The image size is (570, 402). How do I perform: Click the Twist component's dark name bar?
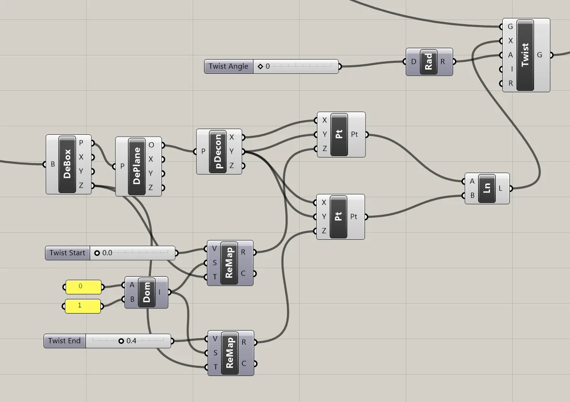click(525, 55)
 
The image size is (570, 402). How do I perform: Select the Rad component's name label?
click(428, 62)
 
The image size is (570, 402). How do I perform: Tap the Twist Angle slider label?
click(229, 66)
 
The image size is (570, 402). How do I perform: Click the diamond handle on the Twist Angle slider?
click(260, 66)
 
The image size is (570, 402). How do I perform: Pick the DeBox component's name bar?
click(67, 164)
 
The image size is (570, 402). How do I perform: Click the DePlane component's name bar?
click(137, 166)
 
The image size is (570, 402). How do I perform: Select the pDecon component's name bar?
click(218, 151)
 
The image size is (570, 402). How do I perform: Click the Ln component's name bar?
click(487, 188)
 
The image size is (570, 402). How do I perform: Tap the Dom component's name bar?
click(147, 292)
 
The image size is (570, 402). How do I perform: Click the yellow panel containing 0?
click(83, 287)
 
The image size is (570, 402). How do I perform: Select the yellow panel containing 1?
click(83, 306)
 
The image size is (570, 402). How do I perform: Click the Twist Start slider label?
click(67, 253)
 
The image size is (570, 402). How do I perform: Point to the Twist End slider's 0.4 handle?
click(121, 341)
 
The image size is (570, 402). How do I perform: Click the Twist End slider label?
click(65, 341)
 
